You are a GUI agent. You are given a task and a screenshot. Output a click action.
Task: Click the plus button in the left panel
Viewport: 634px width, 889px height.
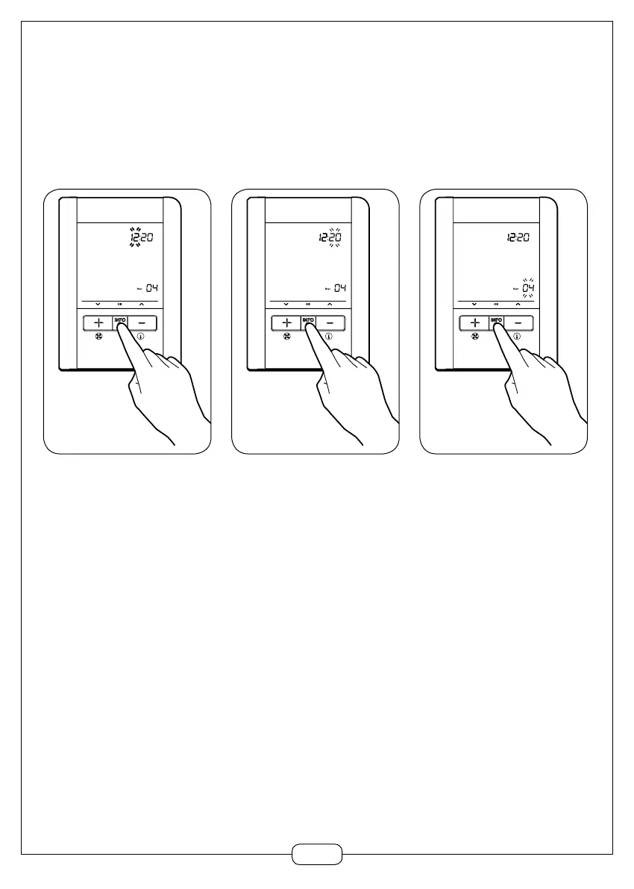(x=98, y=323)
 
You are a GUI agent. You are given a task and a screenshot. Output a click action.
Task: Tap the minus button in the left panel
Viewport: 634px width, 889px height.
(x=145, y=323)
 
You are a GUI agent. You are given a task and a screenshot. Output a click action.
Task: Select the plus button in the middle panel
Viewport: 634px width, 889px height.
(x=286, y=323)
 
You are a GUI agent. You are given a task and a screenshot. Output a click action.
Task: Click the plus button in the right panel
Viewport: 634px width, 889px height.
(x=474, y=323)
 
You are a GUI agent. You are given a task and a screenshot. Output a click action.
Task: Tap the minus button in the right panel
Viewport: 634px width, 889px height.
(x=521, y=323)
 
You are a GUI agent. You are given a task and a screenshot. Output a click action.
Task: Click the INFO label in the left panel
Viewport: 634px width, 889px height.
(x=120, y=319)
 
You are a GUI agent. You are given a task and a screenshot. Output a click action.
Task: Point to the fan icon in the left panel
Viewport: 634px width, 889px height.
(x=98, y=336)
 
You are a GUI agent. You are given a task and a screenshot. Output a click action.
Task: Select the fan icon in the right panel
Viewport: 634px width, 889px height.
(x=474, y=336)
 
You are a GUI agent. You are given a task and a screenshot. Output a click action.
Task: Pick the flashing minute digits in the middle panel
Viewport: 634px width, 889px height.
(x=336, y=237)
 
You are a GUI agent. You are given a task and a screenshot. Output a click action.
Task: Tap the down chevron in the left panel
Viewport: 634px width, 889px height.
(x=97, y=305)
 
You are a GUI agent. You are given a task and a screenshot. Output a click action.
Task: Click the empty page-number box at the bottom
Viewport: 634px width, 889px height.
(x=317, y=854)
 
